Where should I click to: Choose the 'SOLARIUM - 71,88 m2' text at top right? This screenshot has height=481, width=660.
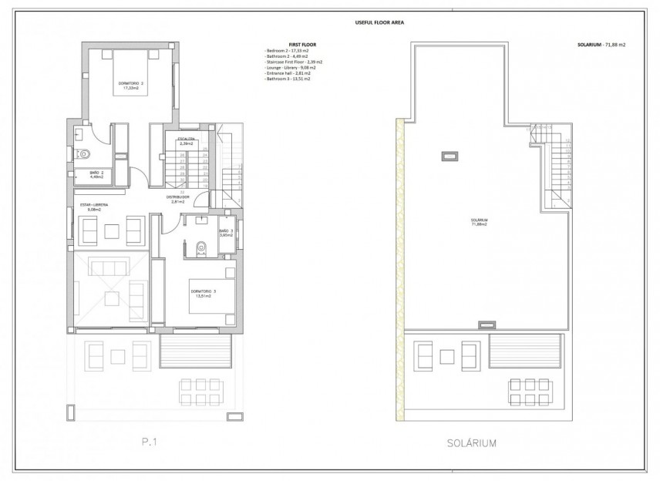pos(601,45)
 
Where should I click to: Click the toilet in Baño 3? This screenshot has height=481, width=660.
pos(201,247)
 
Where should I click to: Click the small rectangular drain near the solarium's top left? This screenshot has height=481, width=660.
pos(446,156)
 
